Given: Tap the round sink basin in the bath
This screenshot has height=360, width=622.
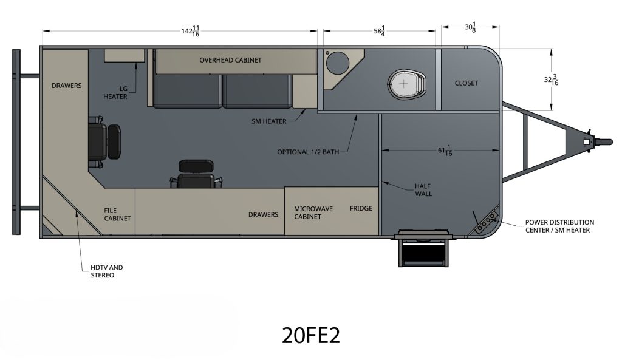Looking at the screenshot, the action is point(338,63).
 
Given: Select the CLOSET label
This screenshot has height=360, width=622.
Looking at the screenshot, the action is point(466,83).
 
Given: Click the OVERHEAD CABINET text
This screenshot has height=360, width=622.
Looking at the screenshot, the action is point(230,60).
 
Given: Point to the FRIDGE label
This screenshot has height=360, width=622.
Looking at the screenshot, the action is point(361,208).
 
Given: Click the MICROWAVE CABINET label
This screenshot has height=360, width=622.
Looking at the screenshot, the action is point(313,212).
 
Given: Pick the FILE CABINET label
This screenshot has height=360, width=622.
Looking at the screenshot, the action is point(117,214).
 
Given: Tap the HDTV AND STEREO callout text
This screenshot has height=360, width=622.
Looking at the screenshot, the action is point(107,271).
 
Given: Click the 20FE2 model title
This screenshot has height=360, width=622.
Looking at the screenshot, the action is point(311,335).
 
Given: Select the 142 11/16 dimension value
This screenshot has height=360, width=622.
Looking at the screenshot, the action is point(190,31).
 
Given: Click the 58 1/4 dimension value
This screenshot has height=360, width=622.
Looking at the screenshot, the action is point(379,31).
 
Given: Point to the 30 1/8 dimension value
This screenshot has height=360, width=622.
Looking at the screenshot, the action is point(471,27).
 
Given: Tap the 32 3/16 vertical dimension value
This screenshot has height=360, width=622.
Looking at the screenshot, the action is point(551,80).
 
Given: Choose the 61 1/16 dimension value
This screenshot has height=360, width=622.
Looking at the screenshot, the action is point(445,151).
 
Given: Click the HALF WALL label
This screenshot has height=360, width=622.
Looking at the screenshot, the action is point(423,190).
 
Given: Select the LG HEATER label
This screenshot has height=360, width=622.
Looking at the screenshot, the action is point(115,93).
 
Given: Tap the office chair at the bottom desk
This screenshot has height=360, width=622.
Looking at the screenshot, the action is point(196,174).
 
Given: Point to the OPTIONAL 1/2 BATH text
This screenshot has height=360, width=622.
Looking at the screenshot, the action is point(308,152).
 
